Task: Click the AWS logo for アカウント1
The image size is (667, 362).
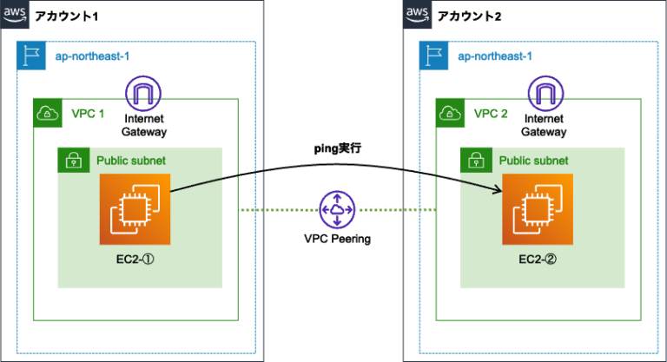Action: [x=15, y=14]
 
